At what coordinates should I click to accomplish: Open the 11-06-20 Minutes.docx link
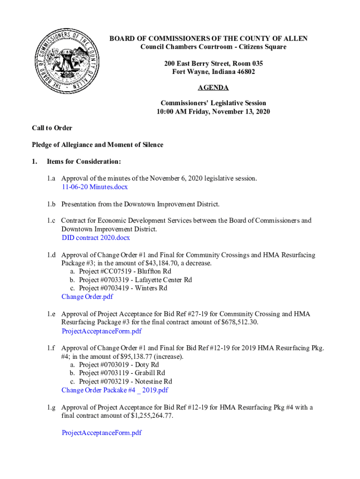coord(94,187)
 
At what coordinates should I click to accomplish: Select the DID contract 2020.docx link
coord(96,238)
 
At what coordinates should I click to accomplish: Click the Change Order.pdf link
coord(87,297)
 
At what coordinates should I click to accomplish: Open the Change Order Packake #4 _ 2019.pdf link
coord(115,390)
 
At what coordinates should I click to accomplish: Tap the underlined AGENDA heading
coord(213,88)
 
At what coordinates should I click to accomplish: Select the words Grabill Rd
coord(150,373)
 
